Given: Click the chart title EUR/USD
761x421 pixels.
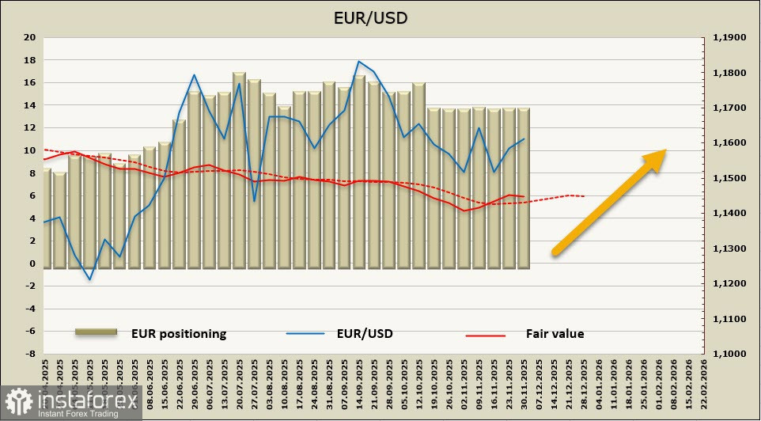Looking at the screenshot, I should click(x=380, y=17).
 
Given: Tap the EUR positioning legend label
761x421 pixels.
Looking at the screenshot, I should click(x=179, y=334).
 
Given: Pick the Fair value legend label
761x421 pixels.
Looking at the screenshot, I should click(x=555, y=334).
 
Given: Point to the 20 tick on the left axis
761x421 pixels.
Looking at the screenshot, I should click(x=29, y=37).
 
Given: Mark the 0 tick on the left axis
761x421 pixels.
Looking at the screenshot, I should click(x=32, y=264).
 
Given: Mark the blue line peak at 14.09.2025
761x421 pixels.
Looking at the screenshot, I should click(x=359, y=61).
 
